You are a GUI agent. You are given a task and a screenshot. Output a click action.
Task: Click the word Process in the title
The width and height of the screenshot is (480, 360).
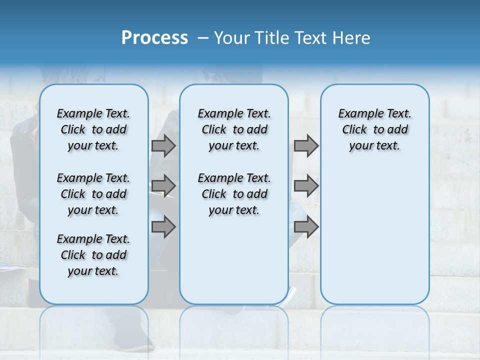pyautogui.click(x=154, y=38)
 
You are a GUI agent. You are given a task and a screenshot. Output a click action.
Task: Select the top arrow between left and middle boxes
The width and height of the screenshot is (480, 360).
pyautogui.click(x=163, y=146)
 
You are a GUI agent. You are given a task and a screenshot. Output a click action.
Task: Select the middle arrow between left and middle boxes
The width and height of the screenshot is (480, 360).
pyautogui.click(x=163, y=186)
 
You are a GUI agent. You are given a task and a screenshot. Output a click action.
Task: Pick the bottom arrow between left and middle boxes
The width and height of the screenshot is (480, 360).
pyautogui.click(x=163, y=227)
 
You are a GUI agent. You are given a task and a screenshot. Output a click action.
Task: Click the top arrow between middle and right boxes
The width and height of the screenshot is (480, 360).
pyautogui.click(x=306, y=146)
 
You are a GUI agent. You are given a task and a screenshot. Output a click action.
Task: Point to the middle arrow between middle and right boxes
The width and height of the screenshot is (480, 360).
pyautogui.click(x=306, y=186)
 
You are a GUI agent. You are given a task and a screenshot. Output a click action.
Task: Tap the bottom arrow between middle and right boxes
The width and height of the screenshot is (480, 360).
pyautogui.click(x=306, y=227)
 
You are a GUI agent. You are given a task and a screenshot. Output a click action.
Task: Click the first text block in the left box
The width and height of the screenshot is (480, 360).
pyautogui.click(x=93, y=129)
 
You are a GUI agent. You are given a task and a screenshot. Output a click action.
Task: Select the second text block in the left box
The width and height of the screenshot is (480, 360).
pyautogui.click(x=93, y=194)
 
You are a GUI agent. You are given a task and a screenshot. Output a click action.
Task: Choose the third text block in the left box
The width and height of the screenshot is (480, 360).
pyautogui.click(x=93, y=255)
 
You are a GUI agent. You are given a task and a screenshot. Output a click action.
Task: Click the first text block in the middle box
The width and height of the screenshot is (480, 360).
pyautogui.click(x=234, y=129)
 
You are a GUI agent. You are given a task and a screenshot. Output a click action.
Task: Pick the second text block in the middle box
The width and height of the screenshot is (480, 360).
pyautogui.click(x=234, y=194)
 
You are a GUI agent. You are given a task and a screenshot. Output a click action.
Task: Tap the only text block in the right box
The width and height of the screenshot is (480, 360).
pyautogui.click(x=375, y=129)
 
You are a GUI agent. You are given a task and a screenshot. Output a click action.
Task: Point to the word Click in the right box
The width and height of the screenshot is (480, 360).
pyautogui.click(x=354, y=130)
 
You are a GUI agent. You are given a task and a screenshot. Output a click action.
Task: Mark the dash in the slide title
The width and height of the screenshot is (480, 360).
pyautogui.click(x=203, y=38)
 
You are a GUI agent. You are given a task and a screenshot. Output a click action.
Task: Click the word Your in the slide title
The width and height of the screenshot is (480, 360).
pyautogui.click(x=232, y=38)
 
